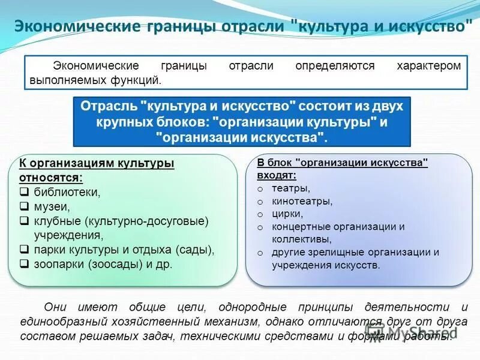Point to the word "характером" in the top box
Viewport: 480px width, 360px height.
[428, 65]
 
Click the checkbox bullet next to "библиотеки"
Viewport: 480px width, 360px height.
[25, 193]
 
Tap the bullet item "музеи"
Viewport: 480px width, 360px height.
[52, 206]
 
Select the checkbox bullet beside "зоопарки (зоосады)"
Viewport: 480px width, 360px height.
[25, 263]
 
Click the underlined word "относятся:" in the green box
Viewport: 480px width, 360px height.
[51, 178]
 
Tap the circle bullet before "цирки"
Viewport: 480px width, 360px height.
[260, 214]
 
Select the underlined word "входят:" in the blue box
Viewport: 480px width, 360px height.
[277, 175]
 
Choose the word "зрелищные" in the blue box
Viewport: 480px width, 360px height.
[330, 252]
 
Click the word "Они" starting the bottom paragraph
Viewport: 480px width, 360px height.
[58, 308]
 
